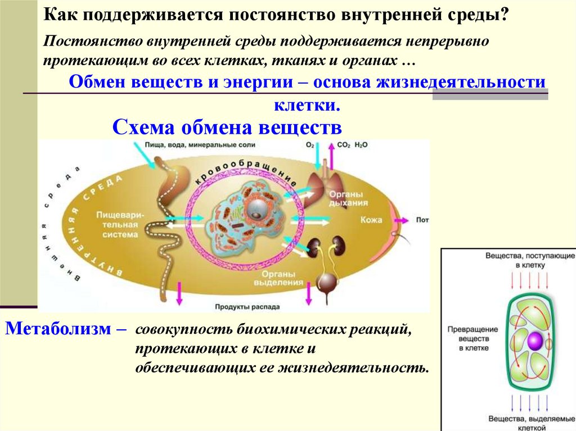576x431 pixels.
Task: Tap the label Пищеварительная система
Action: [x=117, y=225]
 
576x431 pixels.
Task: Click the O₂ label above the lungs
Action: [x=310, y=145]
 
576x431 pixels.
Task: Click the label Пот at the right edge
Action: [x=422, y=220]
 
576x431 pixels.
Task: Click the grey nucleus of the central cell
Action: [x=258, y=208]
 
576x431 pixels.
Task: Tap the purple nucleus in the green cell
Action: [x=534, y=340]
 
